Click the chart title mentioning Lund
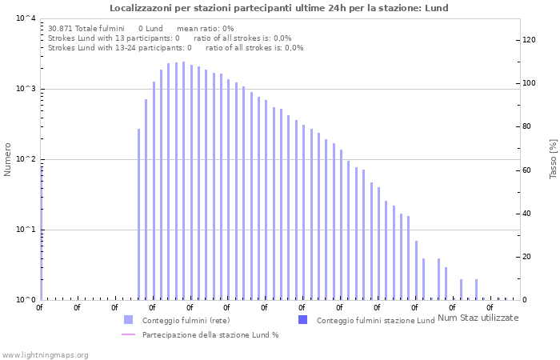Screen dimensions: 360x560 (279, 8)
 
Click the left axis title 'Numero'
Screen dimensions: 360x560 (8, 159)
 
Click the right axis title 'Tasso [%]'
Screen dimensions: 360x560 (553, 158)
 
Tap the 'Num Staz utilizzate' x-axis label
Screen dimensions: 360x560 (478, 318)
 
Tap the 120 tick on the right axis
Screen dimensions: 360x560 (529, 40)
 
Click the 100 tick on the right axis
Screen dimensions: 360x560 (529, 83)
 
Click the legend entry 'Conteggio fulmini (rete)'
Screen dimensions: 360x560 (184, 321)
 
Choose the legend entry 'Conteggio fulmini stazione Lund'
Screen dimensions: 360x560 (375, 321)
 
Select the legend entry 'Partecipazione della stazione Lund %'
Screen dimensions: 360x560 (210, 335)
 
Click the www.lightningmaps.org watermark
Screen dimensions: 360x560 (46, 354)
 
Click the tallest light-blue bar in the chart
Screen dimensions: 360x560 (183, 180)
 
